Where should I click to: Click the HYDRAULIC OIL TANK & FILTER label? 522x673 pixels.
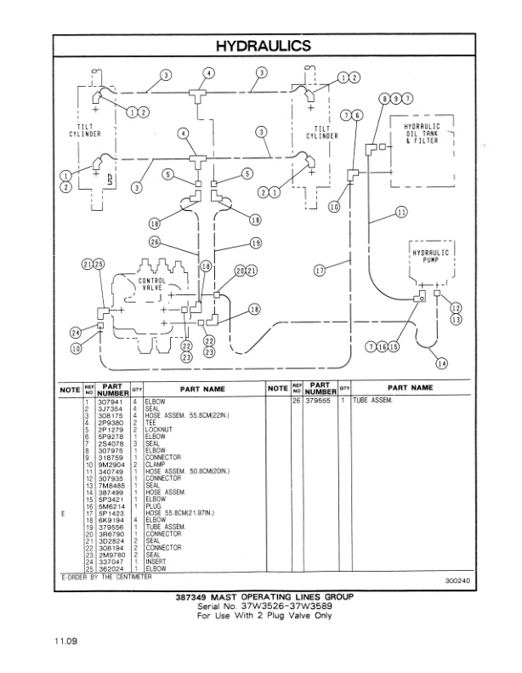click(x=423, y=134)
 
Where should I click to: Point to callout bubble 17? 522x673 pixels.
click(x=321, y=271)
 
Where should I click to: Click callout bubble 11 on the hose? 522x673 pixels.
click(x=400, y=213)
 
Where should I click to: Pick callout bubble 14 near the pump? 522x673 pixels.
click(x=440, y=363)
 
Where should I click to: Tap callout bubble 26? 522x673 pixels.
click(x=155, y=242)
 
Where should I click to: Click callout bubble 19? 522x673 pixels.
click(x=256, y=243)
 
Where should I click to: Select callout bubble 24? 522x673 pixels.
click(x=75, y=333)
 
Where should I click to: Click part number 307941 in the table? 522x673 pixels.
click(x=113, y=400)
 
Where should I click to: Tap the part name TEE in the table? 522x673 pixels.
click(x=150, y=423)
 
